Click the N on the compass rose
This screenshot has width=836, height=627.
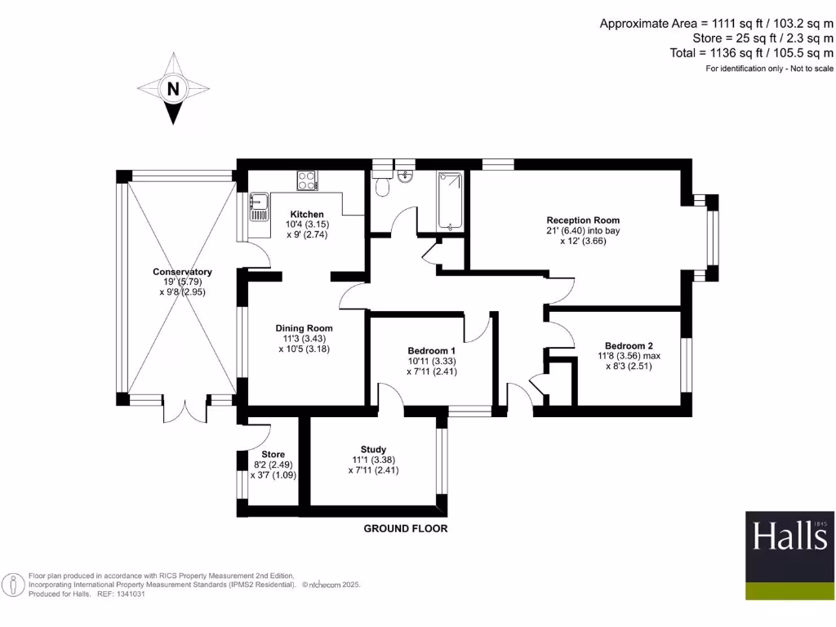point(172,89)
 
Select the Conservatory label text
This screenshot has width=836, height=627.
point(182,272)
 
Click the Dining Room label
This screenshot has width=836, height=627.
point(303,328)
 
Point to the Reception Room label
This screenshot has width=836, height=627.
point(583,220)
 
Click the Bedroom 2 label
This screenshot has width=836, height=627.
point(629,345)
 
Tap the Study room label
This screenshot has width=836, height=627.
point(373,449)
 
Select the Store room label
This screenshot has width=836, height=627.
point(273,455)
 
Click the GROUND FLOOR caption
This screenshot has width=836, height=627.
point(405,529)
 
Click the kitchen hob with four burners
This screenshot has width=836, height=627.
point(308,180)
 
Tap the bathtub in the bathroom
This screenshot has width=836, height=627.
point(450,201)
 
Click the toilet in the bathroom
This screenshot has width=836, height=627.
point(382,185)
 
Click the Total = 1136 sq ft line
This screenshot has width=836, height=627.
point(750,53)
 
